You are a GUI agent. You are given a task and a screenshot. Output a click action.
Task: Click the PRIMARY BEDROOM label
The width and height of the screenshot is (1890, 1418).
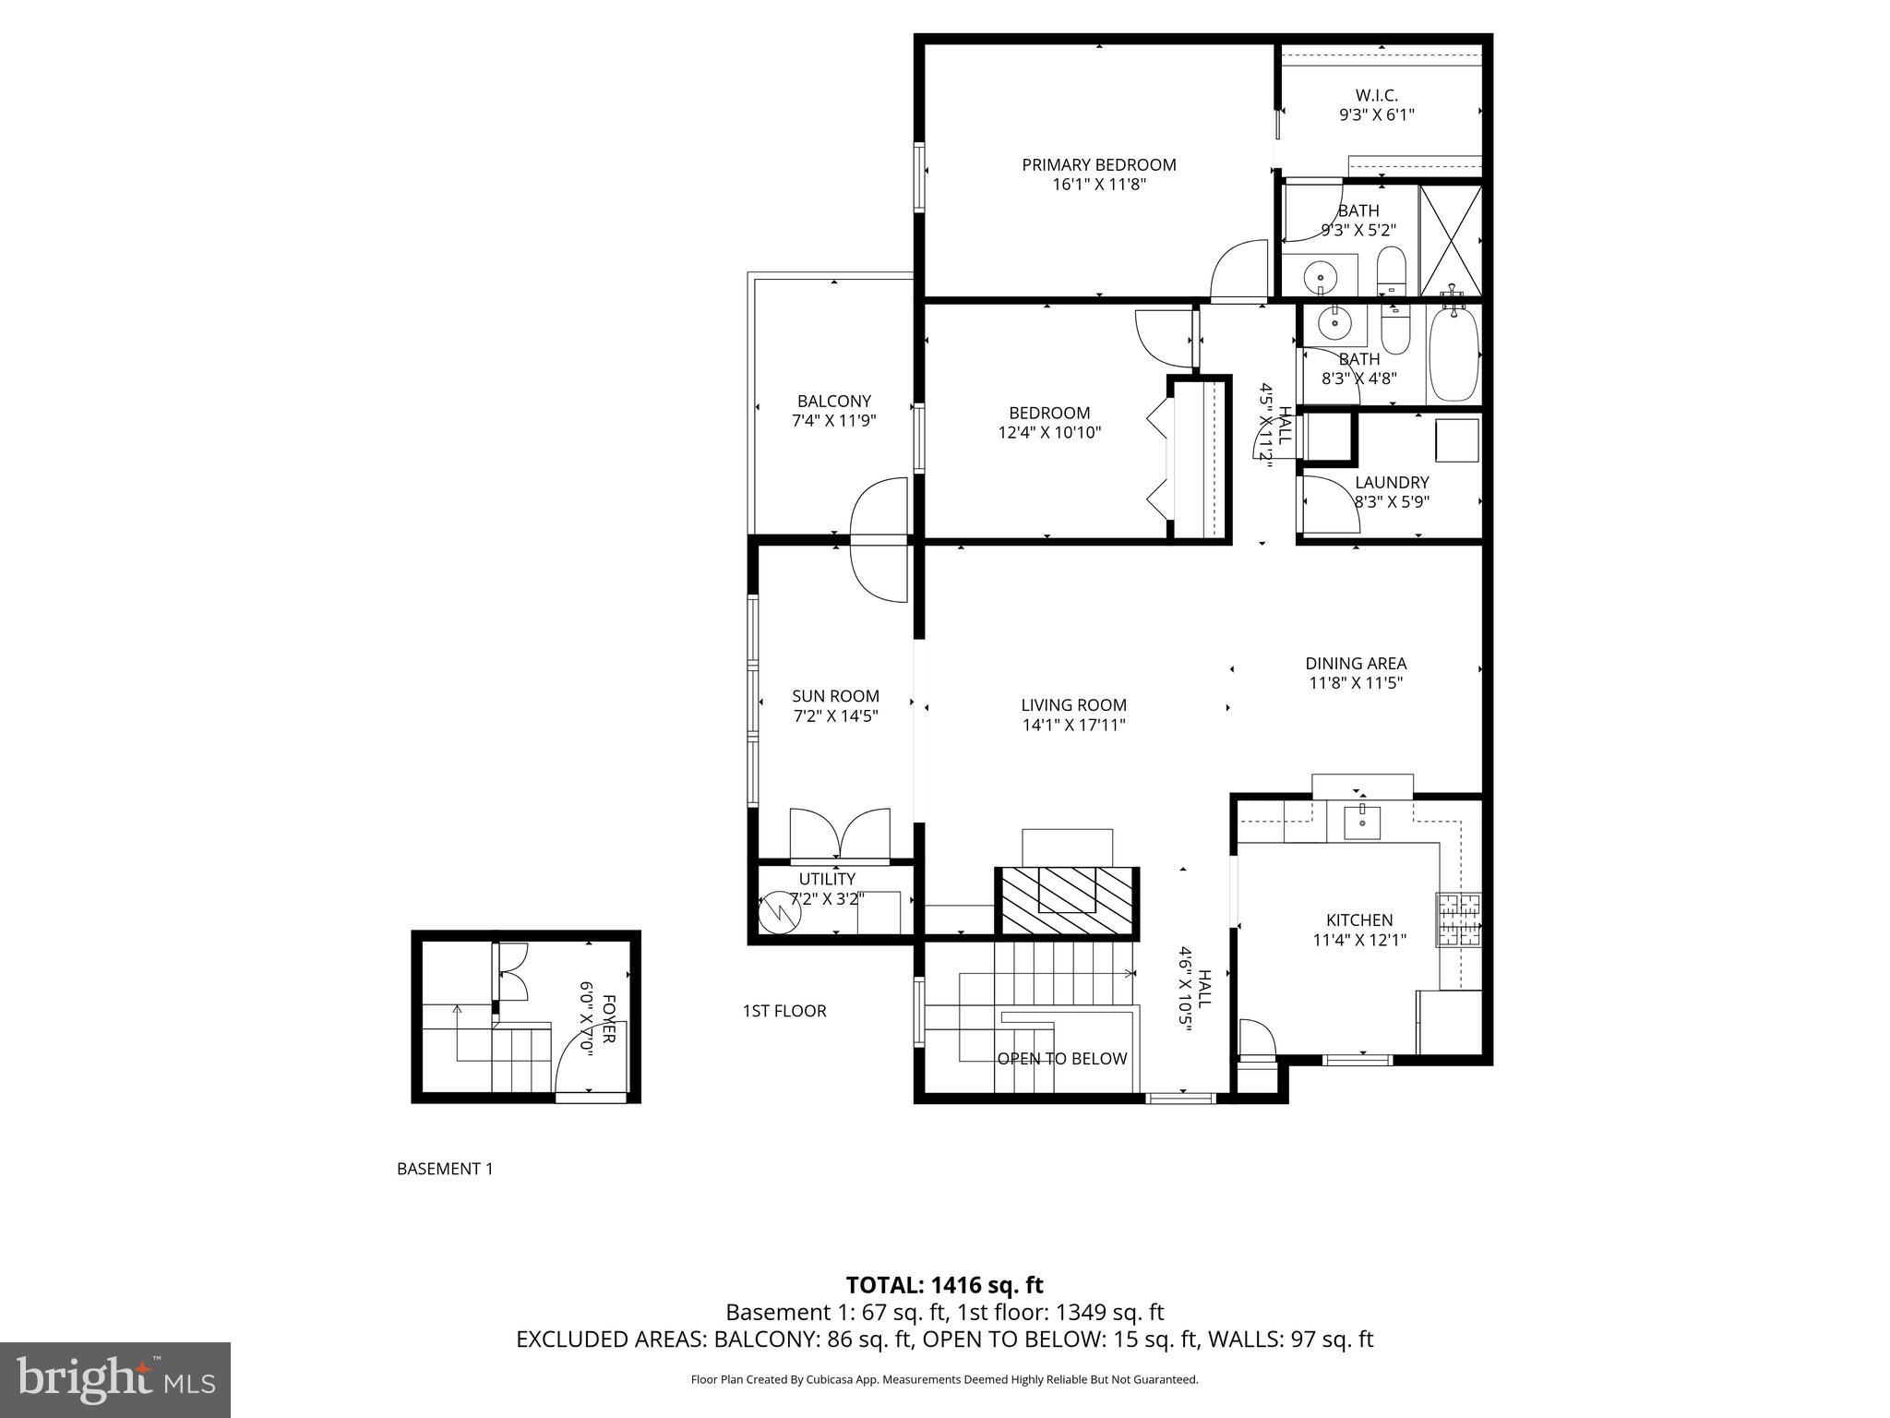1098,165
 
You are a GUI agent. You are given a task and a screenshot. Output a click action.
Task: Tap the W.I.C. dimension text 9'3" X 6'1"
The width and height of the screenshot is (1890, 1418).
1376,115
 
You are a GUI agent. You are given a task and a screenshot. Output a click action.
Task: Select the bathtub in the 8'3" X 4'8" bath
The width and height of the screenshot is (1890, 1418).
1453,355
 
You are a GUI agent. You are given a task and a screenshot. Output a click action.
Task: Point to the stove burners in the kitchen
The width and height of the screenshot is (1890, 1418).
1458,919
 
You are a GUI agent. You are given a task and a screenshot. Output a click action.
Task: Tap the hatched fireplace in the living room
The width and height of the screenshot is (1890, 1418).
1066,900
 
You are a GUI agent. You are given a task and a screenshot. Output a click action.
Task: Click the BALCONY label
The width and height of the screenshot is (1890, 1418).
833,402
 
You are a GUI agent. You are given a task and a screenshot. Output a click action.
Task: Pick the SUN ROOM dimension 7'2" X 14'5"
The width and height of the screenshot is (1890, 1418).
834,715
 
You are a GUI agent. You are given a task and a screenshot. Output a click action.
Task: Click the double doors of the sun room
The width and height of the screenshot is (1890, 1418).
840,835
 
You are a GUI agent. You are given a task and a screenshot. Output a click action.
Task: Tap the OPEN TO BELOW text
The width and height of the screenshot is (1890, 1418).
1061,1059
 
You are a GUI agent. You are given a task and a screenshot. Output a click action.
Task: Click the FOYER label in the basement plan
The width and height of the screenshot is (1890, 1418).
608,1019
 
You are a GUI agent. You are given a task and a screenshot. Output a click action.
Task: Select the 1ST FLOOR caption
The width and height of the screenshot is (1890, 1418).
784,1011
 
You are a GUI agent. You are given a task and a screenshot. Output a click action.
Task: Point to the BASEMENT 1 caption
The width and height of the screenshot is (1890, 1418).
445,1169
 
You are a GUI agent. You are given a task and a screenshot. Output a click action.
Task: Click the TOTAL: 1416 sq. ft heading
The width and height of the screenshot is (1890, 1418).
944,1285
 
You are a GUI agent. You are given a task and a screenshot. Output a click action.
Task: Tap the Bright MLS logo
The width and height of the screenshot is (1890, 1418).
115,1379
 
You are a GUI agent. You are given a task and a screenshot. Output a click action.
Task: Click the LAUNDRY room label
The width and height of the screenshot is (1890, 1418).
1391,483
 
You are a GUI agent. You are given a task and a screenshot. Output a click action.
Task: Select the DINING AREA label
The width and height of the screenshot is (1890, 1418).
1355,664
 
